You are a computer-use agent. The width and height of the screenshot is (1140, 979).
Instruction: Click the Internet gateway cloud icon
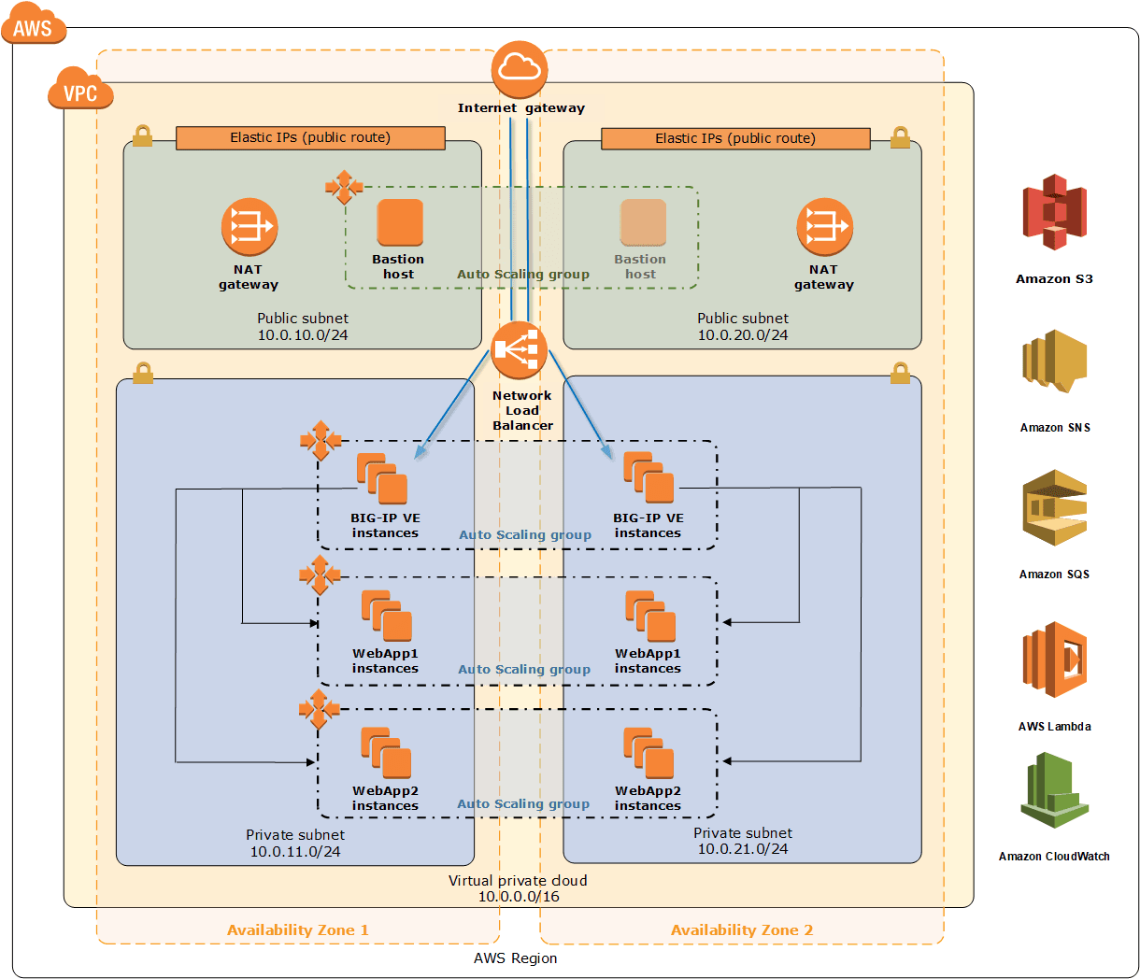520,69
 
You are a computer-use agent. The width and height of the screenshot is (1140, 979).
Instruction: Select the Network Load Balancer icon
520,350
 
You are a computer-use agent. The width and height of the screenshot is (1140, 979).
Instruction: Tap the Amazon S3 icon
1054,212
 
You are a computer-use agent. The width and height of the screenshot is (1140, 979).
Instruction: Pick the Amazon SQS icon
1054,508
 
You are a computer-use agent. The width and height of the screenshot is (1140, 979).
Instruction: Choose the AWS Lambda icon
1054,660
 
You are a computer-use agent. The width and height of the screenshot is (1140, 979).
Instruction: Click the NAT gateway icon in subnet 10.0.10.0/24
249,227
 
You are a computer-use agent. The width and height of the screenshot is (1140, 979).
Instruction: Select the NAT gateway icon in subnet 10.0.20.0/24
824,227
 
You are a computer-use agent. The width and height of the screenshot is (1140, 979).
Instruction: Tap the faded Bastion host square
643,222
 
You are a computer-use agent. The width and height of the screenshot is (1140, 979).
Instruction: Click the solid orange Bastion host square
400,222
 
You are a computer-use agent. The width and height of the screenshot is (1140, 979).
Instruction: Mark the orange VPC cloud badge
80,90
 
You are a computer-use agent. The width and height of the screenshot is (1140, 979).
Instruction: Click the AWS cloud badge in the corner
34,27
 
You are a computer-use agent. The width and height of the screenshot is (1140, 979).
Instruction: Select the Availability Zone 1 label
297,929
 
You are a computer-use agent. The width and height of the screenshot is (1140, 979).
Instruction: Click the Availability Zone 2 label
742,929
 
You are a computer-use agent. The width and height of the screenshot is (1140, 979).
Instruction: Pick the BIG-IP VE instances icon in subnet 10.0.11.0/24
382,478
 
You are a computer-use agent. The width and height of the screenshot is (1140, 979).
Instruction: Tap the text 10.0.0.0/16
519,897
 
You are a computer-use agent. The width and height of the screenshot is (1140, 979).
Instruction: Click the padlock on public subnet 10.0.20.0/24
900,137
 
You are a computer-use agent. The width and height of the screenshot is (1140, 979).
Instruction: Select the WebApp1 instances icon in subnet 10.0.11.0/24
386,616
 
